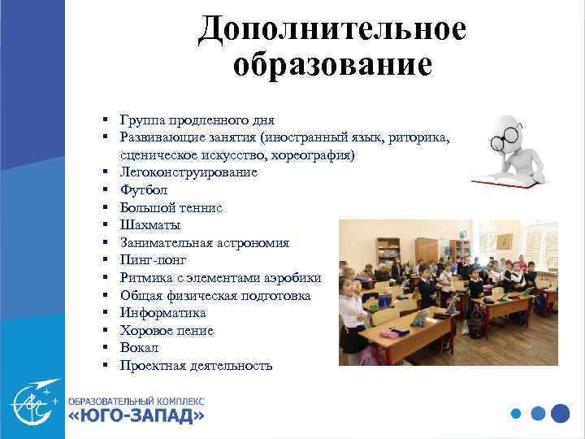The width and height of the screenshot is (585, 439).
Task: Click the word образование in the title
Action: pyautogui.click(x=332, y=64)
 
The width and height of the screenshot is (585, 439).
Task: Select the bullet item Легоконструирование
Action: pyautogui.click(x=188, y=172)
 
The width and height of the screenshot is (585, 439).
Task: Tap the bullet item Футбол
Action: pyautogui.click(x=144, y=190)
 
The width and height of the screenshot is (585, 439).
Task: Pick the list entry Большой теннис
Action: pyautogui.click(x=171, y=208)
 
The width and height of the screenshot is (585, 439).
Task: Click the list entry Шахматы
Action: pyautogui.click(x=150, y=225)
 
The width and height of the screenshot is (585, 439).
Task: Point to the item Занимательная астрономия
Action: pyautogui.click(x=204, y=243)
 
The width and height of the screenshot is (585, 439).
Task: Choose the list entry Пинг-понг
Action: pyautogui.click(x=153, y=260)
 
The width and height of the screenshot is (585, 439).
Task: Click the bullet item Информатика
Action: pyautogui.click(x=162, y=313)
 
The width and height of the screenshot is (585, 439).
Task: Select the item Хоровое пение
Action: pyautogui.click(x=167, y=331)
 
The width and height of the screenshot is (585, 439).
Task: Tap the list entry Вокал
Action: pyautogui.click(x=140, y=348)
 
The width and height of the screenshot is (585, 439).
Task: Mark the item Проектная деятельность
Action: pyautogui.click(x=196, y=366)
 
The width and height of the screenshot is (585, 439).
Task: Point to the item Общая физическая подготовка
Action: pyautogui.click(x=215, y=296)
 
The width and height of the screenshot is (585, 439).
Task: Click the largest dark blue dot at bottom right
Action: pyautogui.click(x=560, y=413)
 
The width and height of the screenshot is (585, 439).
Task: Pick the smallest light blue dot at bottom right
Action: pyautogui.click(x=515, y=413)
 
